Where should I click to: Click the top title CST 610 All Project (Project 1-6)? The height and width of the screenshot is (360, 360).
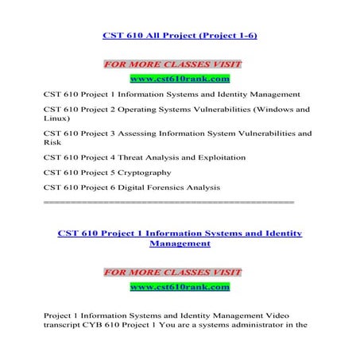pos(180,36)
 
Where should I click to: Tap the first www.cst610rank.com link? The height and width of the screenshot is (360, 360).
pos(180,79)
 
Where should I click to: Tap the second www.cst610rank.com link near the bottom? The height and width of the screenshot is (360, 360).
pos(180,285)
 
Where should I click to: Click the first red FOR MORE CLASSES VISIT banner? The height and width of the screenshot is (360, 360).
pos(172,63)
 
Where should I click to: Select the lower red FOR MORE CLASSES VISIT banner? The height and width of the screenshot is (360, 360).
pos(172,272)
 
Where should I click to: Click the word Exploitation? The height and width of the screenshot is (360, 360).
pos(204,157)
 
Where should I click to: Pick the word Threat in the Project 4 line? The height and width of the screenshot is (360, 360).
pos(123,157)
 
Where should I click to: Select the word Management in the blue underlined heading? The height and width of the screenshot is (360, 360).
pos(180,245)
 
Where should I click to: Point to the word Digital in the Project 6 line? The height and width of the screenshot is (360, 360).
pos(134,187)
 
